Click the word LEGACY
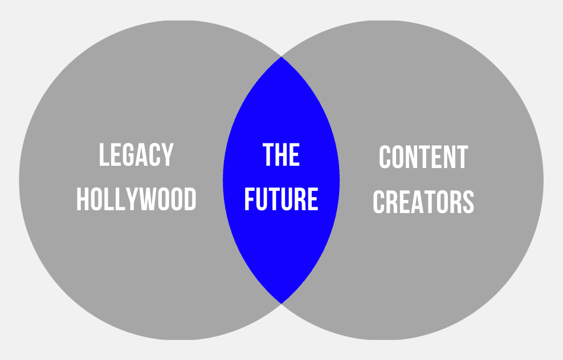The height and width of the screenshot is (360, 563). tap(136, 155)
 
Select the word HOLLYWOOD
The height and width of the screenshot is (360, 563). tap(136, 200)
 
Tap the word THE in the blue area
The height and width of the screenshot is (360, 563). tap(281, 155)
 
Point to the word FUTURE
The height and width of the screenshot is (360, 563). tap(281, 200)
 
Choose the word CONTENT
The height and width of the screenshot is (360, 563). tap(423, 158)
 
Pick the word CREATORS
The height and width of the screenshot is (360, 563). tap(423, 202)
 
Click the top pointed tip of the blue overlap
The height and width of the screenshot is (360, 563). tap(281, 58)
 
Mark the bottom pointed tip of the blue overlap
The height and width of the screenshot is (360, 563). tap(281, 302)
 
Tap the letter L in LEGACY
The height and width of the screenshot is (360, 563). tap(104, 155)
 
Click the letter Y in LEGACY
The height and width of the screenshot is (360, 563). tap(167, 155)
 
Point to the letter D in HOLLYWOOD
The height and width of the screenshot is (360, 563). tap(190, 200)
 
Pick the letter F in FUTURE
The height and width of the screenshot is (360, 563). tap(249, 200)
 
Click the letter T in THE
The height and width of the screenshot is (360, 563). tap(268, 155)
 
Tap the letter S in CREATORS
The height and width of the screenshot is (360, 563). tap(468, 202)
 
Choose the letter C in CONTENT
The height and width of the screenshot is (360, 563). tap(385, 158)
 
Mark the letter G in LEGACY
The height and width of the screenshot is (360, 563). tap(128, 155)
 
